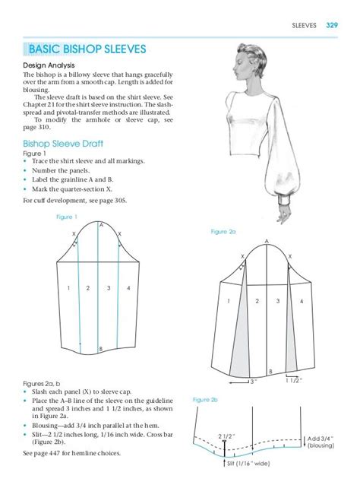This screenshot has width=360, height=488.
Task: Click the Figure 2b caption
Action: [x=205, y=399]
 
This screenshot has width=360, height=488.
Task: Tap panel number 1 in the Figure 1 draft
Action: [x=68, y=288]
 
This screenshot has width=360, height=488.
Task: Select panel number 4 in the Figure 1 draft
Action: [x=128, y=288]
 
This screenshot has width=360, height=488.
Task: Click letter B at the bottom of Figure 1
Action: [x=101, y=349]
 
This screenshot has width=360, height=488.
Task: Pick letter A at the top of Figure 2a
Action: [x=267, y=242]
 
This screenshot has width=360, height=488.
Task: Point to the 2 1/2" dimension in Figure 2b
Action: [x=226, y=436]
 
